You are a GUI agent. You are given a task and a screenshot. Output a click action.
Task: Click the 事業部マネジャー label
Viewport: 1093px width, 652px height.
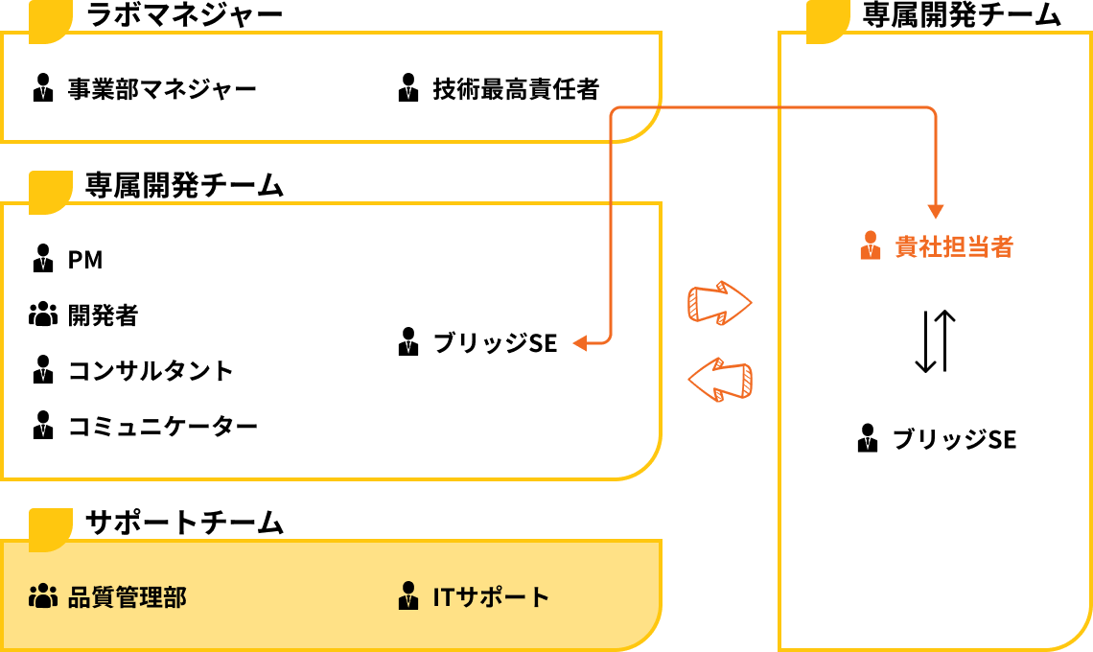[162, 89]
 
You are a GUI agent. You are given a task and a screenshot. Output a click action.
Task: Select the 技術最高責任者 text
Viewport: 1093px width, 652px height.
[516, 89]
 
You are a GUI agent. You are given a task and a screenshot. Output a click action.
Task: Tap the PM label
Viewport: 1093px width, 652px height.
[85, 260]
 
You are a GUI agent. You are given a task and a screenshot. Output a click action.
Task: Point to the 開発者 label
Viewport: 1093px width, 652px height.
[103, 314]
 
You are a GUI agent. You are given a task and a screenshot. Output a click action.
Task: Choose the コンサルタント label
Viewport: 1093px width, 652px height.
[151, 370]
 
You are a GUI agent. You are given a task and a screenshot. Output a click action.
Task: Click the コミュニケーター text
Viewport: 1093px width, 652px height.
[163, 426]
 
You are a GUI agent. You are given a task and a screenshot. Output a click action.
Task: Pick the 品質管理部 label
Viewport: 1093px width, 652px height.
[127, 596]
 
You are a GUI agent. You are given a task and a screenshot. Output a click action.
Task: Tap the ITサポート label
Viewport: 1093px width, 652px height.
[491, 596]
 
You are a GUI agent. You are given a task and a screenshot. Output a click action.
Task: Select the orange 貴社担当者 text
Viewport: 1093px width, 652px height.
[954, 247]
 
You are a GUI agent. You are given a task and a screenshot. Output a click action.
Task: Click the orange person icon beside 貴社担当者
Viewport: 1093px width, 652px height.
[870, 246]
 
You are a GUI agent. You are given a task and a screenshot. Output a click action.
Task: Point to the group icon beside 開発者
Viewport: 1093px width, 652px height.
[43, 314]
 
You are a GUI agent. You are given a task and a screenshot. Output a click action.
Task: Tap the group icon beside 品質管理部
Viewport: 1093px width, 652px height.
[43, 596]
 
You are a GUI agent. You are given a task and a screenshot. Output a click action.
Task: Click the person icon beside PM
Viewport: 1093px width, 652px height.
[43, 259]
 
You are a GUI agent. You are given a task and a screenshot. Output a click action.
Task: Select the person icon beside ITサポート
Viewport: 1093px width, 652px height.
[408, 596]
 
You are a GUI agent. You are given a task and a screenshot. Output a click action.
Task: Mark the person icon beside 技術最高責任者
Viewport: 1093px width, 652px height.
[408, 88]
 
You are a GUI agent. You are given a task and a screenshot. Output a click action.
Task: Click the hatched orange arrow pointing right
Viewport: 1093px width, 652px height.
[719, 303]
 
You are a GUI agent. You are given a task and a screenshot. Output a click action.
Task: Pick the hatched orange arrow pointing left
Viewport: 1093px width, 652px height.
[719, 379]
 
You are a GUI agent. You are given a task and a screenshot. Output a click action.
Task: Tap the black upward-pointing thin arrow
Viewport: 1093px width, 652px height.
[944, 340]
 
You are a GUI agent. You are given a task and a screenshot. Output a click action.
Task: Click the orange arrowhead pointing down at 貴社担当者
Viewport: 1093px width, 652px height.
[936, 212]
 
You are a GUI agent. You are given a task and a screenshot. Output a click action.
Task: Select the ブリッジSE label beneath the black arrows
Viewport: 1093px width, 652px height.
[954, 439]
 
